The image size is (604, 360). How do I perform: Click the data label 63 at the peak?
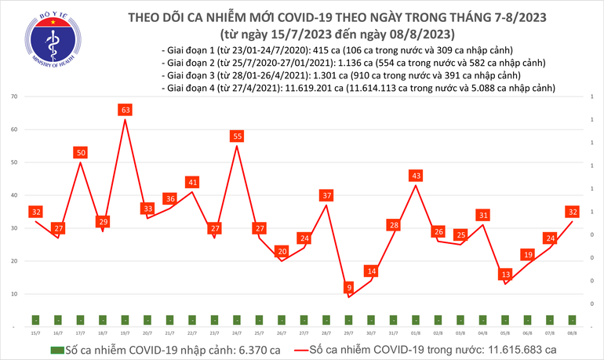pos(125,110)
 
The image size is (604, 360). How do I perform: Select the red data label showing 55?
pos(237,136)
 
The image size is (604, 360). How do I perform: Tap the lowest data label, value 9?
pos(348,288)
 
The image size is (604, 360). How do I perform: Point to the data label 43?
pos(416,175)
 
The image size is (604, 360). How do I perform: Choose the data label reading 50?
pos(80,152)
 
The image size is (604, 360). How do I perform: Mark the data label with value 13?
pos(506,275)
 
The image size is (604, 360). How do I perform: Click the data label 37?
pos(326,195)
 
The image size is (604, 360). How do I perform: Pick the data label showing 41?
pos(192,182)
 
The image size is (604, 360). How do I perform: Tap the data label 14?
pos(371,271)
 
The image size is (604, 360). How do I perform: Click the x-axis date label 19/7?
pos(125,333)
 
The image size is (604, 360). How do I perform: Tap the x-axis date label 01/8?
pos(416,333)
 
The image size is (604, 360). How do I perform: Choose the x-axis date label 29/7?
pos(348,333)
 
